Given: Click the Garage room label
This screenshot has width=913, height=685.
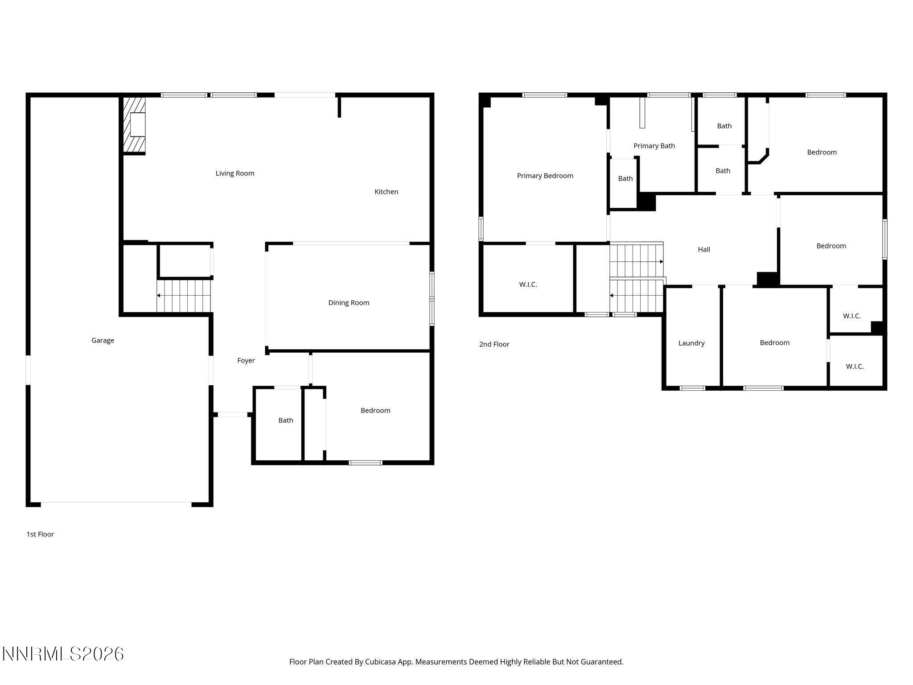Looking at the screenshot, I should [x=103, y=340].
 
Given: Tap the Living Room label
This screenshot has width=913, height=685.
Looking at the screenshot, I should [x=235, y=173].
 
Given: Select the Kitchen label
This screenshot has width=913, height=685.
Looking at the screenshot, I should [x=386, y=192].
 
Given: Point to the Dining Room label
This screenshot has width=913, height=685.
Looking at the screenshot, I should [x=349, y=303].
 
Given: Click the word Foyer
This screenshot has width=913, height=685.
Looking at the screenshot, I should [x=246, y=360].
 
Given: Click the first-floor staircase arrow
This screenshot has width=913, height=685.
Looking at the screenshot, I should [x=158, y=295].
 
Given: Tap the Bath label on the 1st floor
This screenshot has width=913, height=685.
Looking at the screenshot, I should [x=285, y=420].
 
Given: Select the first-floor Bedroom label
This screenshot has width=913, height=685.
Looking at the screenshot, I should [x=375, y=410].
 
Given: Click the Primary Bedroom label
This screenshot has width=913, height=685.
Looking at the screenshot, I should [x=545, y=176].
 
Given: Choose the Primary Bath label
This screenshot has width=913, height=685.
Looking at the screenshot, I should [x=654, y=146].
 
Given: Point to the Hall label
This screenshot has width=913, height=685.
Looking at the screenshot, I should [x=703, y=249].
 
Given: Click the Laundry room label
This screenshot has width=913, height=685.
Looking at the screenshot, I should [x=691, y=343].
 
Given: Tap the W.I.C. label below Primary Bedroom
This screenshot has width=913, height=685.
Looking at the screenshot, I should [x=528, y=285].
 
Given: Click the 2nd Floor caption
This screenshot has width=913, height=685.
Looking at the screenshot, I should [x=494, y=344].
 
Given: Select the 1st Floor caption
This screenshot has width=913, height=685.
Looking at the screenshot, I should [x=40, y=534].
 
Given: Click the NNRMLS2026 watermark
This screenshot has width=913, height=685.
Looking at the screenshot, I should [x=63, y=654].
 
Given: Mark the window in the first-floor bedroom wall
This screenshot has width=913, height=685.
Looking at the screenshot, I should [x=365, y=462].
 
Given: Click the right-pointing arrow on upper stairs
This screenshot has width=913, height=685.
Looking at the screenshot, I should [x=661, y=262].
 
